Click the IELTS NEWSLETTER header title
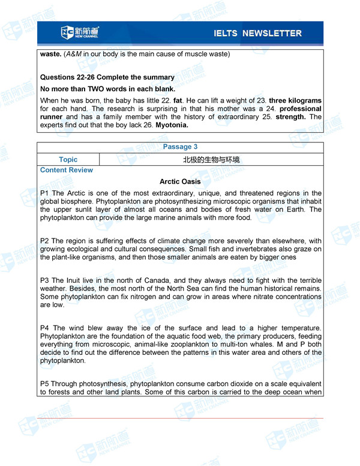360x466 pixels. coord(257,33)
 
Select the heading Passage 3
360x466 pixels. coord(180,147)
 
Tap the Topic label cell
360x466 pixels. coord(68,159)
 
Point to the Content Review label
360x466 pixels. coord(67,170)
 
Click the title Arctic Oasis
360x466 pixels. coord(180,181)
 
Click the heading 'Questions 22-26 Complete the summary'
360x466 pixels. coord(107,77)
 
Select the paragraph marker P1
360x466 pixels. coord(44,193)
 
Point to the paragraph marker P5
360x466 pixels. coord(44,383)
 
